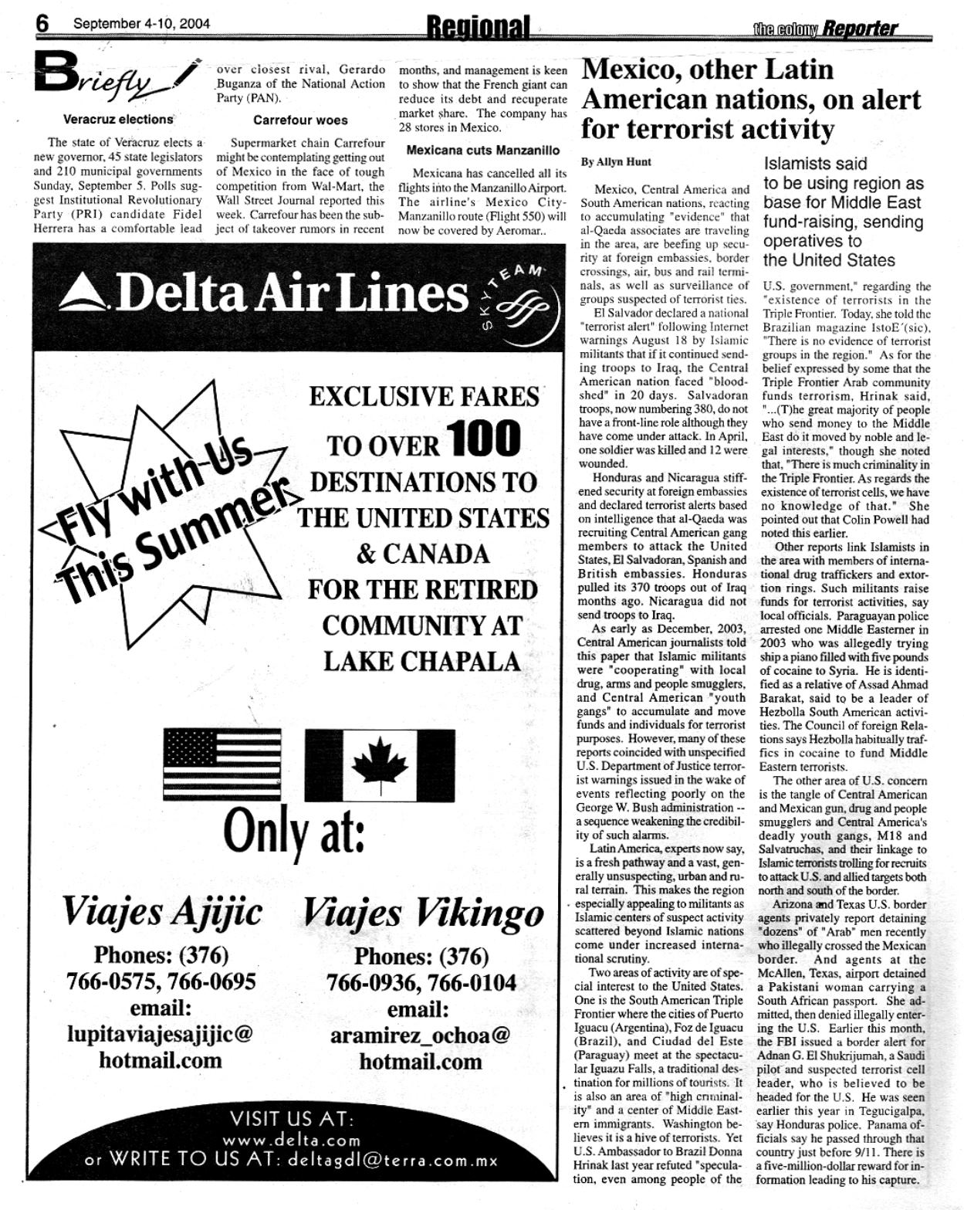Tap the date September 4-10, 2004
141,23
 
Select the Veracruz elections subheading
118,120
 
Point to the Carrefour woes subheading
300,120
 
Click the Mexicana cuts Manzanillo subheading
482,150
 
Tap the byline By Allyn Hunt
616,162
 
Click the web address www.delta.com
292,1141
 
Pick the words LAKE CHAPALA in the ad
421,662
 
